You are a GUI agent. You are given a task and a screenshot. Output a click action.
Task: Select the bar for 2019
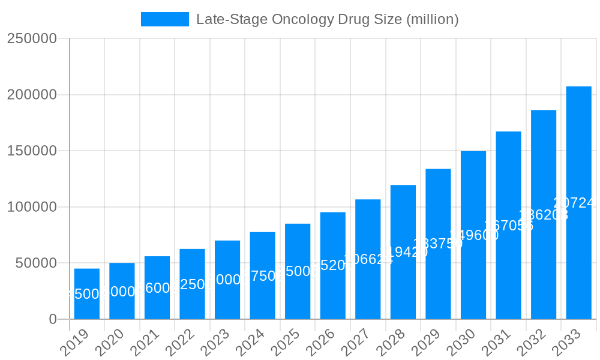[87, 293]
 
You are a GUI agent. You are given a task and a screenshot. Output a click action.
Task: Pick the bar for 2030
[473, 235]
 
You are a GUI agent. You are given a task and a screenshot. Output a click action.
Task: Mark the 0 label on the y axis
[53, 319]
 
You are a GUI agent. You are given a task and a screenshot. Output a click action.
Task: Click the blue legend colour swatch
[164, 19]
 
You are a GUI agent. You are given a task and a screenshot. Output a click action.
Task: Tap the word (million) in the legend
[432, 19]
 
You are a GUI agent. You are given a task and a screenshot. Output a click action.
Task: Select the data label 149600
[473, 235]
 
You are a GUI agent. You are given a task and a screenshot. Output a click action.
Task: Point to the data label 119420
[403, 252]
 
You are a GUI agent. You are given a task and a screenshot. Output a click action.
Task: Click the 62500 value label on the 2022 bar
[192, 284]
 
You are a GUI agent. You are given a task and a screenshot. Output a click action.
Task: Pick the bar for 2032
[544, 214]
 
